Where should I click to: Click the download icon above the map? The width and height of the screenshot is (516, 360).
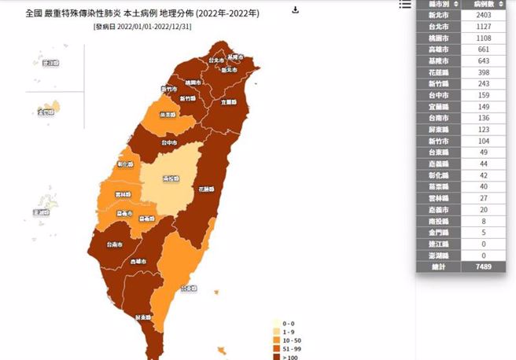tap(295, 10)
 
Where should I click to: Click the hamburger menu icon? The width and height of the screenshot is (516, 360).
tap(405, 5)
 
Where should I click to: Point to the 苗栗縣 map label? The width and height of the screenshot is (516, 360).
tap(167, 115)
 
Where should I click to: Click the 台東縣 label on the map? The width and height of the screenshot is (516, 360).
tap(188, 288)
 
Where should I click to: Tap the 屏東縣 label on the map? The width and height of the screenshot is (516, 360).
tap(144, 318)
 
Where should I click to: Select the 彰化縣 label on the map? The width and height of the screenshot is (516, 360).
tap(125, 166)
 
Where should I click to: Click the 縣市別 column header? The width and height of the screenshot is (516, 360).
tap(439, 5)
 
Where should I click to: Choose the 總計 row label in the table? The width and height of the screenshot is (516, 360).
tap(439, 267)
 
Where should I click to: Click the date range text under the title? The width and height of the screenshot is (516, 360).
tap(144, 26)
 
